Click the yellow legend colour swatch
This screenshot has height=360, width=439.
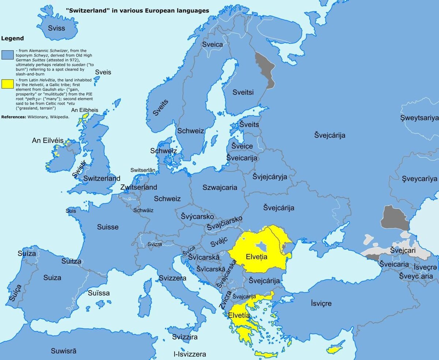[7, 84]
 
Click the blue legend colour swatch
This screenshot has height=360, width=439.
[7, 55]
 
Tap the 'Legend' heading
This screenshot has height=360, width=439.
[12, 38]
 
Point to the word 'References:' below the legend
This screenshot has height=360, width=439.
[14, 117]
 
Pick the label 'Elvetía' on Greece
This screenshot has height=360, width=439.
[239, 315]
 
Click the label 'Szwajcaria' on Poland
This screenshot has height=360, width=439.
[220, 187]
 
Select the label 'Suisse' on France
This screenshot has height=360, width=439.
[108, 227]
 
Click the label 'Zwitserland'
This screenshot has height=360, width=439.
[139, 187]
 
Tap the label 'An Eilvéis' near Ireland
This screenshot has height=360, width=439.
[48, 140]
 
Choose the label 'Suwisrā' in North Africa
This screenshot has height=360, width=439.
[64, 351]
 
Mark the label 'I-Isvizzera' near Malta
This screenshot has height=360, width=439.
[190, 354]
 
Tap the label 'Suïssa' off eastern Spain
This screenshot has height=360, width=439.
[99, 293]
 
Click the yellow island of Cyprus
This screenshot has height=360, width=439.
[334, 349]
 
